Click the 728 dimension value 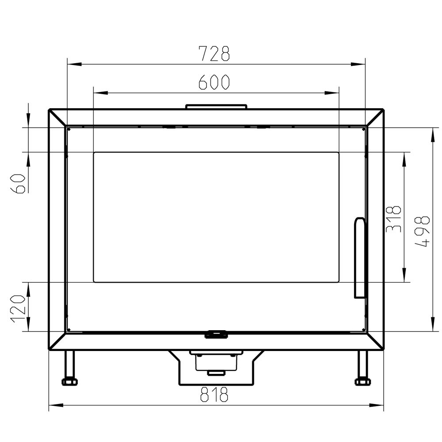[214, 53]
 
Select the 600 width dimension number [214, 82]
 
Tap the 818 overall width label [214, 394]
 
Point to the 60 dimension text [18, 183]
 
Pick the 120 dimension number [18, 309]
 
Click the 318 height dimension [393, 219]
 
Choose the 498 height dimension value [423, 232]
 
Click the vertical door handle [360, 257]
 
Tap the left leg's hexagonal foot [69, 382]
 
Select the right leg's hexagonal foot [362, 382]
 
